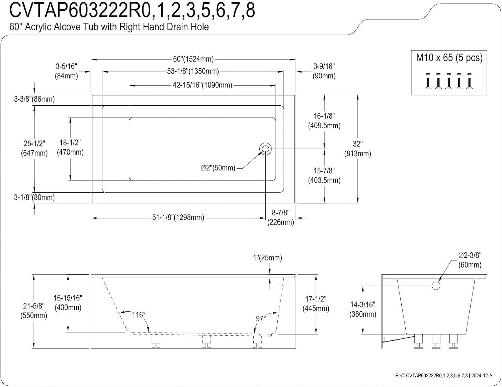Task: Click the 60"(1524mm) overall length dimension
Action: pyautogui.click(x=193, y=59)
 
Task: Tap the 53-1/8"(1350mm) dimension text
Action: pyautogui.click(x=193, y=71)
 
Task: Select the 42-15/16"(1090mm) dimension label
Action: pyautogui.click(x=202, y=85)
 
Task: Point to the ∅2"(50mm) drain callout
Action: pyautogui.click(x=218, y=168)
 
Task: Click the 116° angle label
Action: pyautogui.click(x=139, y=315)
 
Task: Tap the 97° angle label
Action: pyautogui.click(x=261, y=319)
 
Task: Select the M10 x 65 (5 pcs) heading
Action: pyautogui.click(x=449, y=58)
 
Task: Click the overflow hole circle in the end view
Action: pyautogui.click(x=436, y=286)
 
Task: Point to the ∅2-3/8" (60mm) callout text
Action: pyautogui.click(x=470, y=260)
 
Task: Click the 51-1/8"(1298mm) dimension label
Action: pyautogui.click(x=178, y=217)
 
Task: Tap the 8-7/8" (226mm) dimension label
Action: pyautogui.click(x=281, y=217)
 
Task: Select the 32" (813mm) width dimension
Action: pyautogui.click(x=358, y=149)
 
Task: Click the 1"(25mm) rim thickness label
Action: pyautogui.click(x=267, y=258)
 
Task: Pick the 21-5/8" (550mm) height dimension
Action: pyautogui.click(x=34, y=310)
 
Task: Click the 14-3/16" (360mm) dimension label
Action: pyautogui.click(x=363, y=309)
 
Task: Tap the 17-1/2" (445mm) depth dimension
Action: pyautogui.click(x=316, y=304)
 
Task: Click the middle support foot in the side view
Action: pyautogui.click(x=206, y=342)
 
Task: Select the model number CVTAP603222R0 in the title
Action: pyautogui.click(x=80, y=10)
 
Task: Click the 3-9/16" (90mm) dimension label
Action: pyautogui.click(x=324, y=71)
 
